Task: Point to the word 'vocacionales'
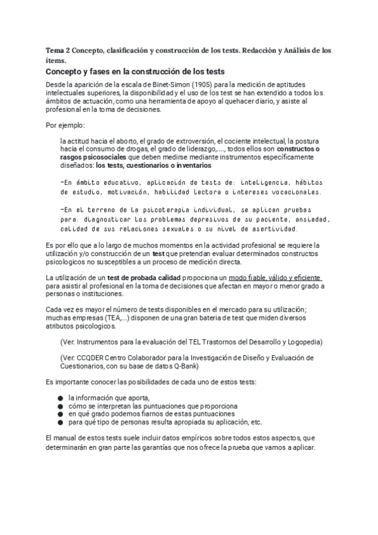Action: pos(290,192)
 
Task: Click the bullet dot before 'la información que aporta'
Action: pos(60,398)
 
